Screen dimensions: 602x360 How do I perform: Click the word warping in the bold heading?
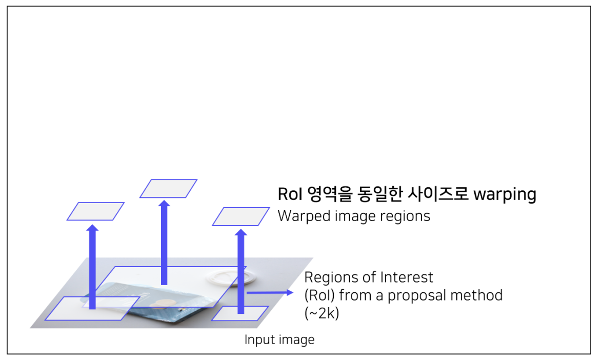pos(505,195)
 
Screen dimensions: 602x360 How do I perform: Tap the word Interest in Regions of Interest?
pos(408,277)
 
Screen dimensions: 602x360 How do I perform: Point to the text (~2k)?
pos(322,313)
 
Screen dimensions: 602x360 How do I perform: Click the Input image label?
pos(279,339)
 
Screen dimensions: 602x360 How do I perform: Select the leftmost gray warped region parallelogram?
pos(95,211)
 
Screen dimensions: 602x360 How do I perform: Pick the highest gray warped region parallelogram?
pos(168,188)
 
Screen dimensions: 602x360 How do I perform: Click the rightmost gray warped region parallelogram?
pos(241,216)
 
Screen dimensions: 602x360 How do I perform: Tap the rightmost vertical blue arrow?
pos(240,272)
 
